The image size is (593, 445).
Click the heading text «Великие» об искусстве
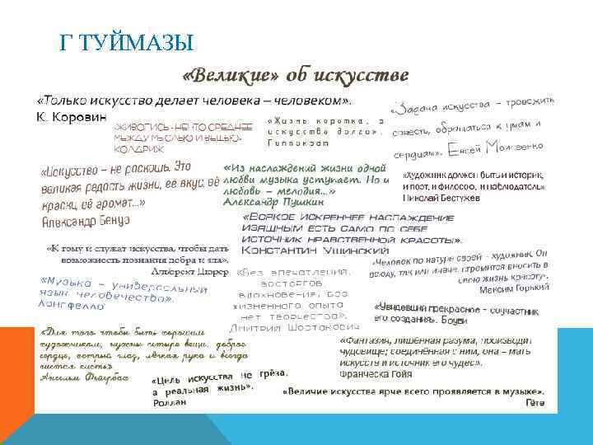point(295,76)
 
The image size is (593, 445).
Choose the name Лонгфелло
point(72,306)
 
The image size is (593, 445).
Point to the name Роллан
point(170,403)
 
